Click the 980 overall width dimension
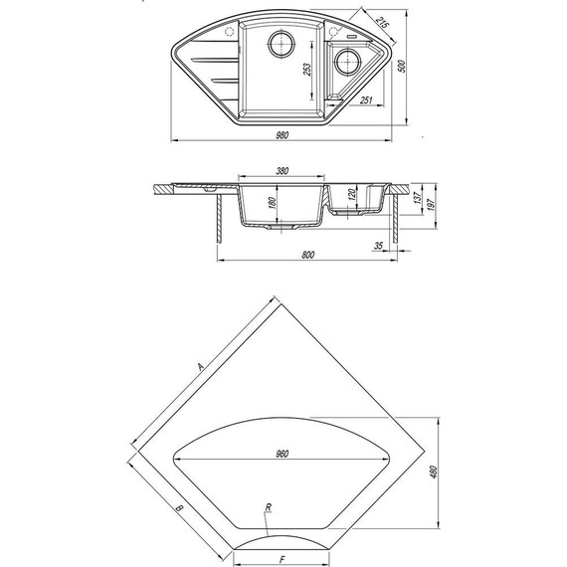click(x=283, y=135)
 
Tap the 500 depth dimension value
click(x=402, y=66)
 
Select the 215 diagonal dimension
click(x=382, y=23)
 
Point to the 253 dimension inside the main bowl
click(x=307, y=70)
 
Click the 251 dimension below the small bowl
click(x=366, y=99)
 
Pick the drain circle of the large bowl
click(x=281, y=44)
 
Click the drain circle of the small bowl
click(x=347, y=61)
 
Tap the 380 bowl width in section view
click(x=283, y=171)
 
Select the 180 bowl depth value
click(x=273, y=203)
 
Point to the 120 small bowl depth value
click(x=352, y=195)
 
